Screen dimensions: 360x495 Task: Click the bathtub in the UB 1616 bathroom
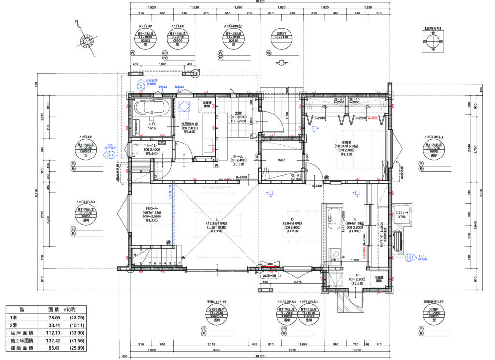tap(150, 108)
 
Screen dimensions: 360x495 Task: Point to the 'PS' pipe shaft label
tap(217, 166)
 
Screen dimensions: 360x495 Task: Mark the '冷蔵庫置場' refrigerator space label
tap(379, 279)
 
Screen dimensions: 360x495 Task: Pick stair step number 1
tap(180, 263)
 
